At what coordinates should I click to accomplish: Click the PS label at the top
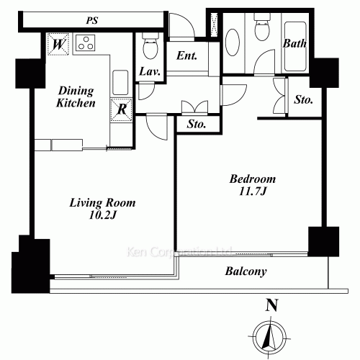point(92,20)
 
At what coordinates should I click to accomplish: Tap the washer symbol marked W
point(58,44)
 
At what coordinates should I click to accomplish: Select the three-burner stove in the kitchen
point(86,43)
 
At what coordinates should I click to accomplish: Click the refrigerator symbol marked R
point(122,109)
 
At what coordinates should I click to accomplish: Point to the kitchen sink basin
point(120,83)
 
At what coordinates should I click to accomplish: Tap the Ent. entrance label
point(186,55)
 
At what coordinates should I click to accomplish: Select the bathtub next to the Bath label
point(295,47)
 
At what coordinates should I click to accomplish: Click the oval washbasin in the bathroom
point(233,42)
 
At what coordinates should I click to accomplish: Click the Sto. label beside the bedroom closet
point(304,99)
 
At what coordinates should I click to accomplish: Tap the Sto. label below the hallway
point(197,124)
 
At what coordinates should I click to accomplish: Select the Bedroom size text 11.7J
point(253,192)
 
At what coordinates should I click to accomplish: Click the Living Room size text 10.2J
point(103,215)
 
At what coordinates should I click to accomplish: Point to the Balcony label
point(246,271)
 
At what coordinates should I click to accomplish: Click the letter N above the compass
point(271,305)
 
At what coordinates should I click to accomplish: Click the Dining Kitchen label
point(76,97)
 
